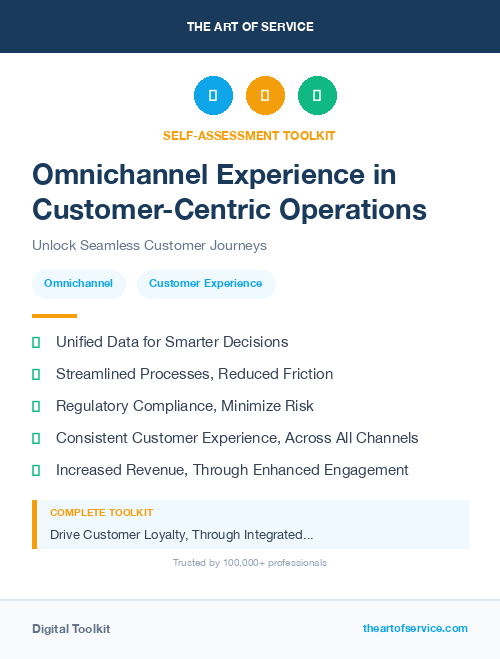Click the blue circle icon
coord(213,95)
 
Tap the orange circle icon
coord(265,95)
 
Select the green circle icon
coord(317,95)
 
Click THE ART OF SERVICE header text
coord(250,27)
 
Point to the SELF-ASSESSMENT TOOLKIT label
coord(249,135)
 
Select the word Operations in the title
coord(344,209)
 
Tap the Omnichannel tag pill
coord(79,283)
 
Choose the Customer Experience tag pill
coord(205,283)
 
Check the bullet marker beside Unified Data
coord(36,342)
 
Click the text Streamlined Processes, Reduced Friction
coord(194,374)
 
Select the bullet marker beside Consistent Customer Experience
coord(36,438)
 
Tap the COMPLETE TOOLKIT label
coord(101,512)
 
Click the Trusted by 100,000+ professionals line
coord(250,563)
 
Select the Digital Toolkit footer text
coord(71,629)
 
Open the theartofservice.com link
coord(415,628)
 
